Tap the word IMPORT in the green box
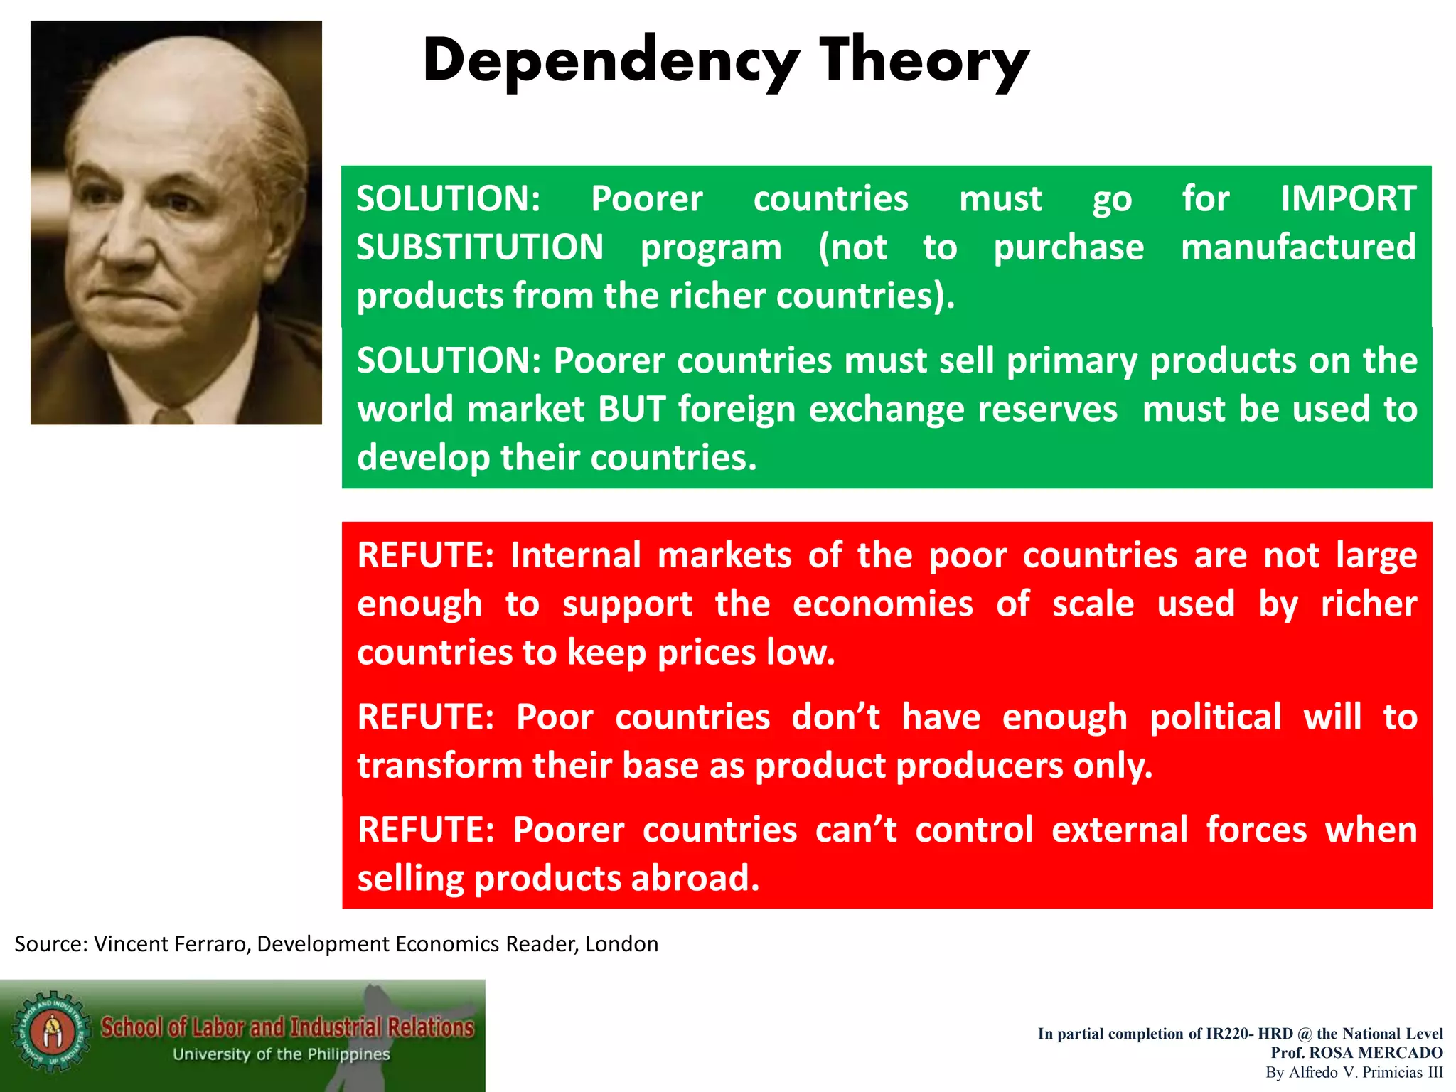click(x=1348, y=198)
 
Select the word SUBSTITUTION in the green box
click(x=480, y=247)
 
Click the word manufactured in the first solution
click(x=1298, y=247)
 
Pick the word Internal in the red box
click(x=576, y=555)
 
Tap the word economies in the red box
click(x=882, y=604)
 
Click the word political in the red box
click(x=1216, y=717)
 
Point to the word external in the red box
click(x=1119, y=830)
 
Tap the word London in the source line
click(x=621, y=944)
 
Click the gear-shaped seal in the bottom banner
click(x=50, y=1032)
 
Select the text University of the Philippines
click(x=282, y=1054)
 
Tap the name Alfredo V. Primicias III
click(x=1365, y=1072)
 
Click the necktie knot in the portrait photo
click(x=171, y=416)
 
